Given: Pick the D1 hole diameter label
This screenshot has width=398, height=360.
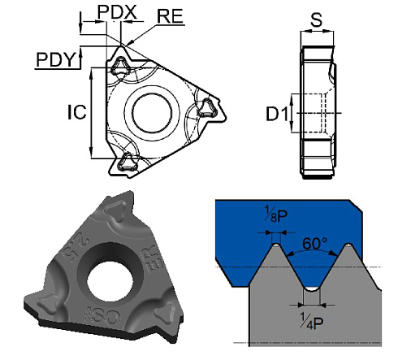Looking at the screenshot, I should (x=279, y=115).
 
